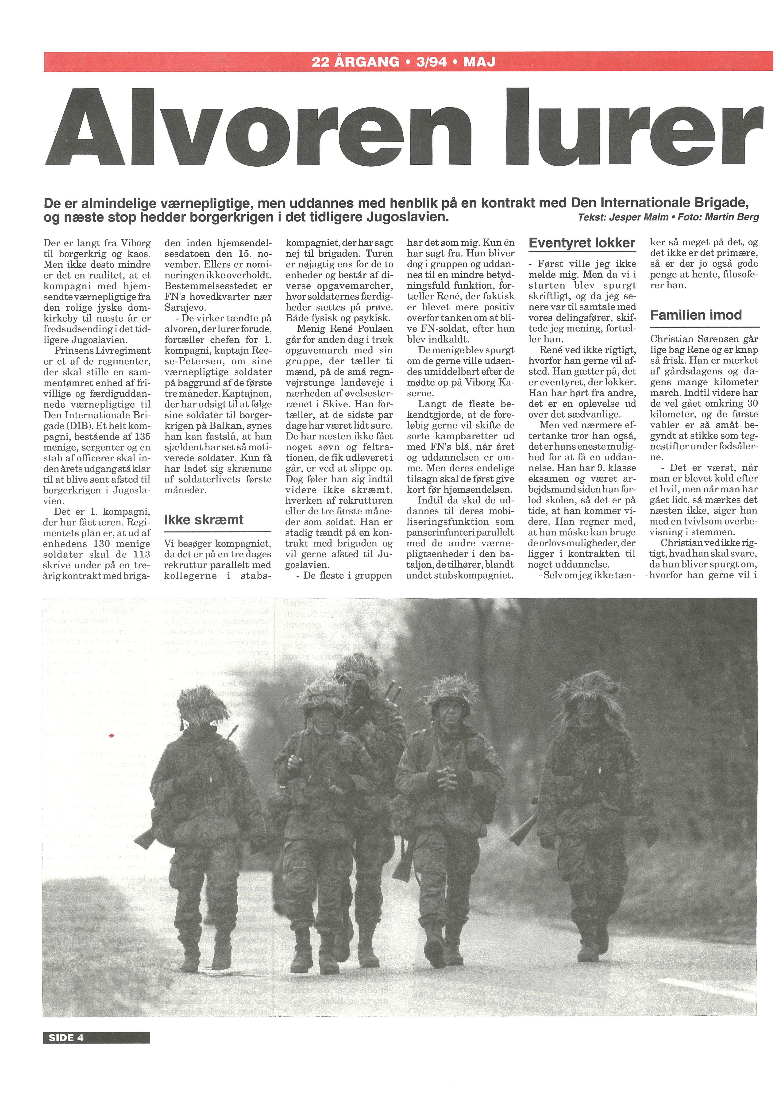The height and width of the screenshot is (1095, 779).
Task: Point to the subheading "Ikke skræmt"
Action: tap(203, 519)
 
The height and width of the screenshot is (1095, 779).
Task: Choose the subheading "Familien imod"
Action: tap(695, 315)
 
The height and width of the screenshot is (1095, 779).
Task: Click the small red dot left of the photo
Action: tap(111, 735)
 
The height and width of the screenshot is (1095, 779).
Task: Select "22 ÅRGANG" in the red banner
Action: tap(355, 62)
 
